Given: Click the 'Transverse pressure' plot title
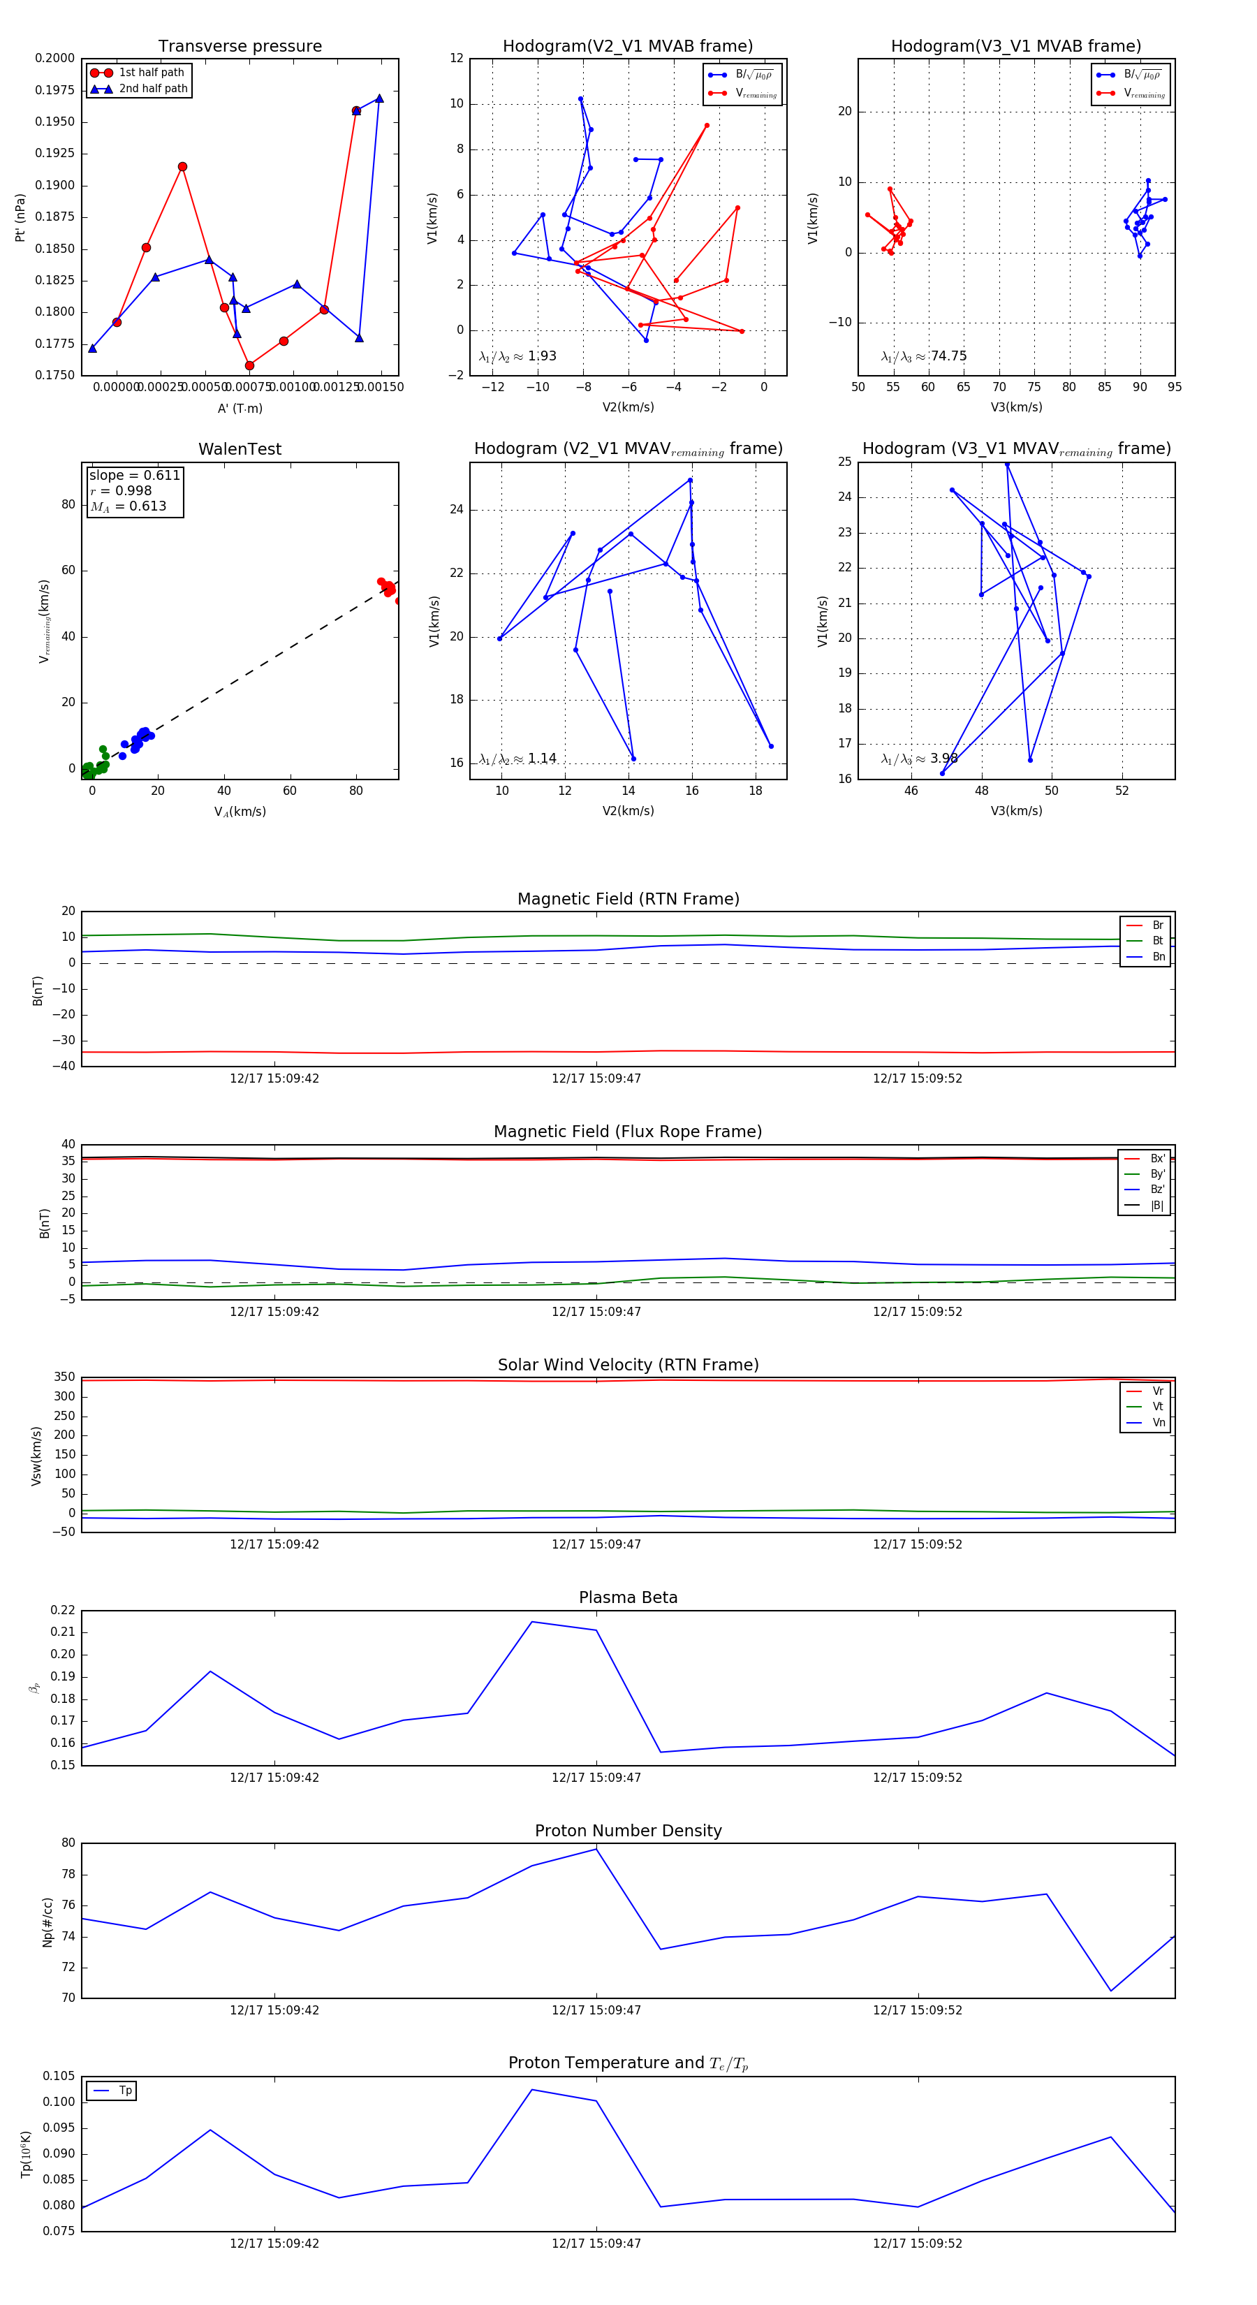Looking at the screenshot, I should [240, 47].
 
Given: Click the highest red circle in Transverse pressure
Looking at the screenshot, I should [356, 111].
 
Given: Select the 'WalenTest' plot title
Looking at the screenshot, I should [240, 449].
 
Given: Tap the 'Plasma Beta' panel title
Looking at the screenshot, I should [628, 1598].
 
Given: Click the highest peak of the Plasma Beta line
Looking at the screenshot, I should [532, 1621].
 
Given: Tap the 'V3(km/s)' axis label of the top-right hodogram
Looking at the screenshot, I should [1015, 407].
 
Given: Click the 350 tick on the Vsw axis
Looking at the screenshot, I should [64, 1377].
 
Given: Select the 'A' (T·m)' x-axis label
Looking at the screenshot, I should [240, 408].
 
